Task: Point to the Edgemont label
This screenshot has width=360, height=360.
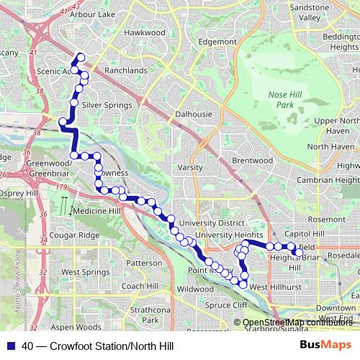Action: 217,42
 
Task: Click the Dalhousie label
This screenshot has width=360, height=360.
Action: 193,114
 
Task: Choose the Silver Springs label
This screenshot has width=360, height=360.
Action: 107,104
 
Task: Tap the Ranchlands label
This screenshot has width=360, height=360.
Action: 125,71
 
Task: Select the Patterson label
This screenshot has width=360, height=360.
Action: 144,263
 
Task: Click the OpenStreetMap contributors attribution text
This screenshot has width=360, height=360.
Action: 298,322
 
